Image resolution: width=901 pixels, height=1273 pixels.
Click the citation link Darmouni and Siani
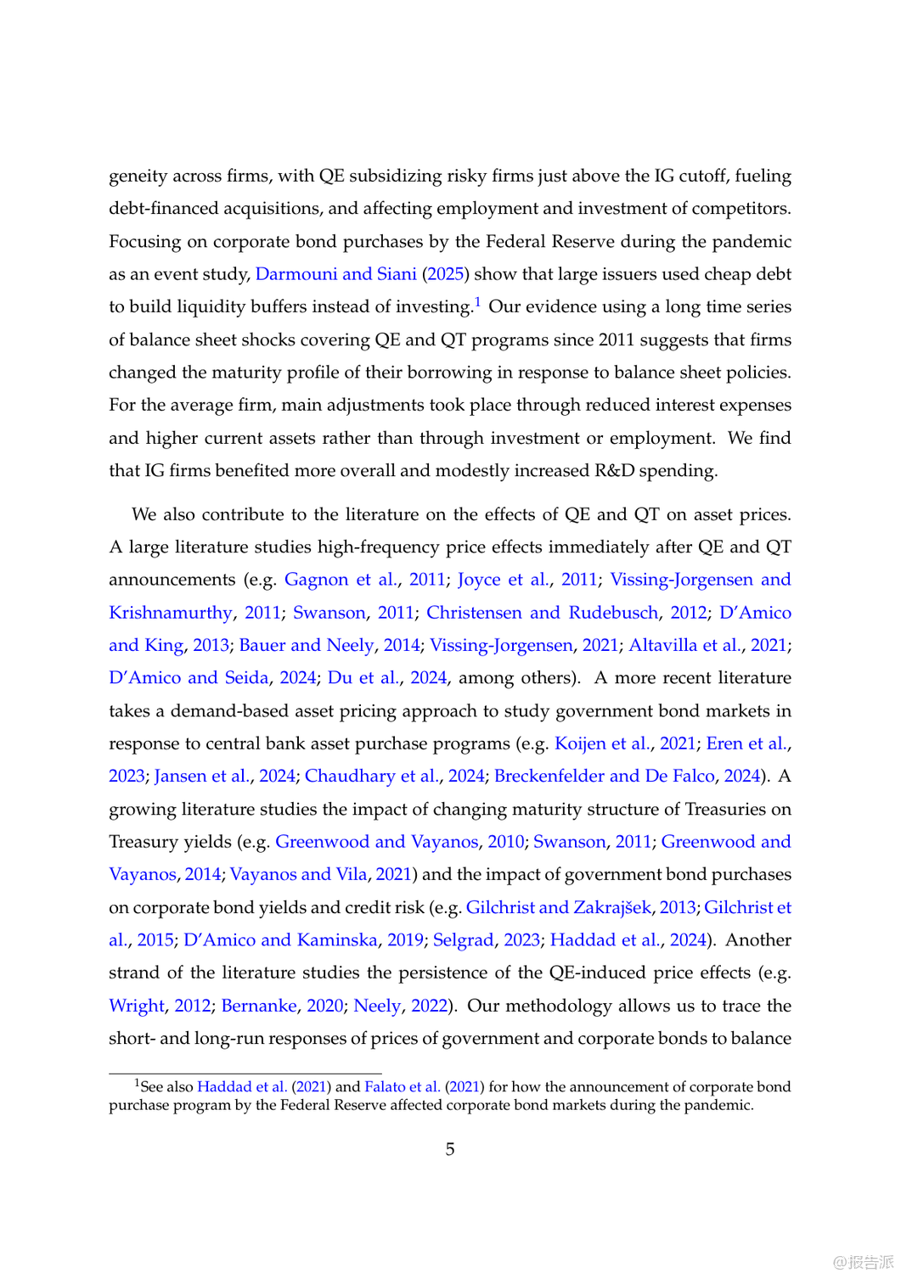pyautogui.click(x=335, y=274)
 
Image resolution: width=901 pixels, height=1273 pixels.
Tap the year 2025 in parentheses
pyautogui.click(x=445, y=274)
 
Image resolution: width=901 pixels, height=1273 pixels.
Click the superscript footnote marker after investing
pyautogui.click(x=478, y=302)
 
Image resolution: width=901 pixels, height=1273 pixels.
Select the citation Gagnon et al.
pyautogui.click(x=341, y=580)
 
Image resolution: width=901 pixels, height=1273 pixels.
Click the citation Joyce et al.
pyautogui.click(x=503, y=580)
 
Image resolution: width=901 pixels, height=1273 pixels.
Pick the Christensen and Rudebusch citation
pyautogui.click(x=542, y=613)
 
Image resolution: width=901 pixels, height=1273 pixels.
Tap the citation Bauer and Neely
pyautogui.click(x=306, y=645)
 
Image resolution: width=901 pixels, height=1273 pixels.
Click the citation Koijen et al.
pyautogui.click(x=602, y=743)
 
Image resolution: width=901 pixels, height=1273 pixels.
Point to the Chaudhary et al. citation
pyautogui.click(x=372, y=777)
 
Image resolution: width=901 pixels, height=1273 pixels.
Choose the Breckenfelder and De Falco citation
pyautogui.click(x=604, y=777)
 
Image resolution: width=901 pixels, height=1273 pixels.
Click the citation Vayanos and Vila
pyautogui.click(x=298, y=874)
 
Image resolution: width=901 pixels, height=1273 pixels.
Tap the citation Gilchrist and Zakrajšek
pyautogui.click(x=558, y=907)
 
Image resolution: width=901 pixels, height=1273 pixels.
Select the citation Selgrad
pyautogui.click(x=463, y=940)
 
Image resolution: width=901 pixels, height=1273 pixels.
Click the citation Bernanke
pyautogui.click(x=259, y=1006)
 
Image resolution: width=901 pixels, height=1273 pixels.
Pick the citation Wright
pyautogui.click(x=137, y=1006)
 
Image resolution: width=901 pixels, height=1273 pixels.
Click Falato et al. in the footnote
pyautogui.click(x=402, y=1087)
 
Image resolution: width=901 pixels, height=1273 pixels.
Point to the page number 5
pyautogui.click(x=450, y=1149)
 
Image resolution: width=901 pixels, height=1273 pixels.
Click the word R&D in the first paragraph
pyautogui.click(x=614, y=471)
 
